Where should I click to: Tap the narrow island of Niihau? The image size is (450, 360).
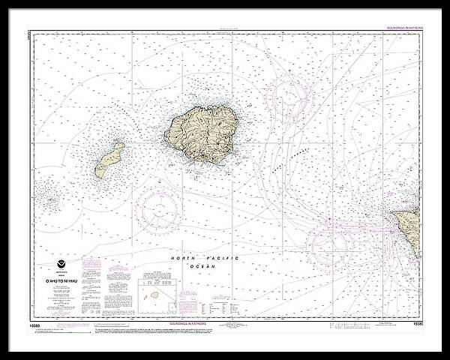pyautogui.click(x=109, y=160)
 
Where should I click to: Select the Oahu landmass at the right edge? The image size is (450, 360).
pyautogui.click(x=409, y=228)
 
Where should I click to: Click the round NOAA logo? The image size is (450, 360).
pyautogui.click(x=61, y=264)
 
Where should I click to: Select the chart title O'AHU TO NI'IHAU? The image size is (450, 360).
pyautogui.click(x=61, y=279)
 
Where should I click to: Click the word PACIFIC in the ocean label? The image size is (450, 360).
pyautogui.click(x=222, y=258)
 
